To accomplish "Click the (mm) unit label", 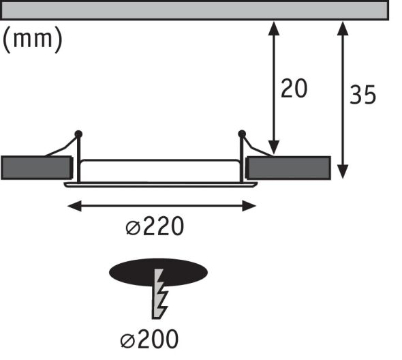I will tap(33, 39).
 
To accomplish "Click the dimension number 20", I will tap(294, 88).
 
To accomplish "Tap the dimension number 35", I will tap(362, 95).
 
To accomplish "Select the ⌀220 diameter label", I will tap(155, 226).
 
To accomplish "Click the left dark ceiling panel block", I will tap(37, 167).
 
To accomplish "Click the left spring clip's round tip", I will tap(78, 133).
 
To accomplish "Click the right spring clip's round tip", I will tap(241, 134).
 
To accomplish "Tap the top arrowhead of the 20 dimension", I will tap(274, 25).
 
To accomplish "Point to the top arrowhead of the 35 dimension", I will tap(343, 25).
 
